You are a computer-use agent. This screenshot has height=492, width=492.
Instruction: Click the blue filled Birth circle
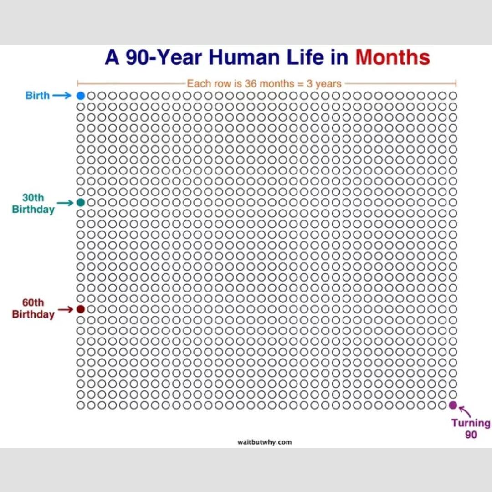(x=81, y=96)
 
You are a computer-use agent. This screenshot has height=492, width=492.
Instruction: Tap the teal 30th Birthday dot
(x=81, y=202)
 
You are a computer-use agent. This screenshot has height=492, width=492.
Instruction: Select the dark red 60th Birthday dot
(x=81, y=309)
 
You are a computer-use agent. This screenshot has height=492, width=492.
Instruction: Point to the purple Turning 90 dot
(x=452, y=405)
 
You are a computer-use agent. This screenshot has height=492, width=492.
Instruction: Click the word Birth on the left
(x=37, y=96)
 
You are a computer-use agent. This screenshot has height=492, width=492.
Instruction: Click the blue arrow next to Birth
(x=62, y=96)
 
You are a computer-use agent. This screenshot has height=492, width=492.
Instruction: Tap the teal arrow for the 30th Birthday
(x=65, y=203)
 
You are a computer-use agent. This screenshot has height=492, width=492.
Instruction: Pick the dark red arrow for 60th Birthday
(x=65, y=309)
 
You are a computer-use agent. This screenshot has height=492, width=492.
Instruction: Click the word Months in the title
(x=393, y=58)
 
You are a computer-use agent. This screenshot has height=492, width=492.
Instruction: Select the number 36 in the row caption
(x=251, y=84)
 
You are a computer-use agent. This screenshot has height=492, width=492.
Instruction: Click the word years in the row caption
(x=329, y=84)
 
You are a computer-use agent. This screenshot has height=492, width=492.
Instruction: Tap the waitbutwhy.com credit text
(x=264, y=442)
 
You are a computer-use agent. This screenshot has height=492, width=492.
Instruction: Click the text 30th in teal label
(x=33, y=198)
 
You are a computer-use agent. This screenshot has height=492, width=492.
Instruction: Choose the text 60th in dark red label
(x=33, y=302)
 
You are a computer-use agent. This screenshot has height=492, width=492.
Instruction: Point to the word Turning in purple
(x=471, y=423)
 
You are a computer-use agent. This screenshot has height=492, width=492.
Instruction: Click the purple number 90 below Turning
(x=471, y=435)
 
